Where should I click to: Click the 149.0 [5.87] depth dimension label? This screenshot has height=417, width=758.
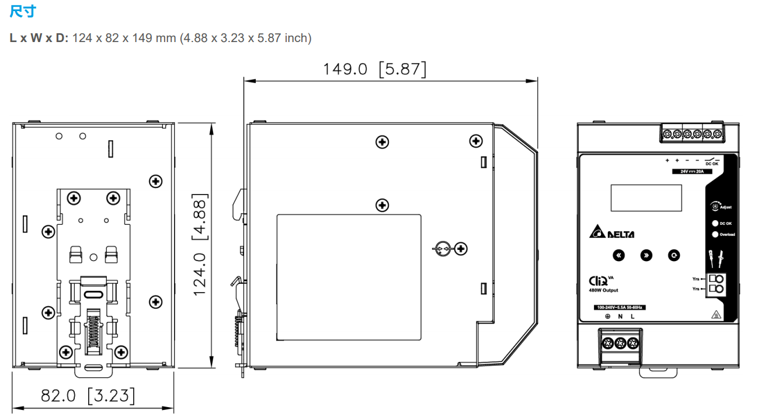click(374, 69)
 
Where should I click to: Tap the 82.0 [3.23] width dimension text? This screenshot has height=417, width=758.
click(88, 395)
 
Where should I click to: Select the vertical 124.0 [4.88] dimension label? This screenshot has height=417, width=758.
click(199, 245)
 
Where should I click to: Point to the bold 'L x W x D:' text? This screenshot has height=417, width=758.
click(39, 38)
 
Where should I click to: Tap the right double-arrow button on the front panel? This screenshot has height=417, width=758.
click(646, 255)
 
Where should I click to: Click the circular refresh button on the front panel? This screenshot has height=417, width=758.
click(674, 255)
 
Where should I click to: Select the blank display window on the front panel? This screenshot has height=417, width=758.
click(646, 198)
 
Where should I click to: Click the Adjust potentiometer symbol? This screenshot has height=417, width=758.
click(714, 206)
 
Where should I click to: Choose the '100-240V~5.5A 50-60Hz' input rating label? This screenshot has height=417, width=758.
click(619, 307)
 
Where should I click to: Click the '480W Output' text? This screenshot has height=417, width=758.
click(603, 290)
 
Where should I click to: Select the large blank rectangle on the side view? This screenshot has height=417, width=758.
click(349, 277)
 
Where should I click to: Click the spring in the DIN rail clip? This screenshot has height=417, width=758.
click(92, 333)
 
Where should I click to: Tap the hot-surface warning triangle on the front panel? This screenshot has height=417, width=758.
click(714, 315)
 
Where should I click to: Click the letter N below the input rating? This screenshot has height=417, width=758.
click(620, 317)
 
